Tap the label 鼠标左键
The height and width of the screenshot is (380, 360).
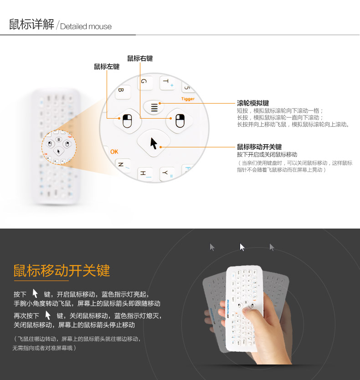tap(107, 67)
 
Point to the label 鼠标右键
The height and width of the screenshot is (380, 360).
tap(140, 58)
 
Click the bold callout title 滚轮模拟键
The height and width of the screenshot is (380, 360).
tap(253, 103)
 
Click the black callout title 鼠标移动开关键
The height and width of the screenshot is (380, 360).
tap(259, 147)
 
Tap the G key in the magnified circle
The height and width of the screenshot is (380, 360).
tap(144, 82)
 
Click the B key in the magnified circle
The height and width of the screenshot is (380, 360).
tap(121, 91)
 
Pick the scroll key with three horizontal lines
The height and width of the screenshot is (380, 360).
tap(154, 108)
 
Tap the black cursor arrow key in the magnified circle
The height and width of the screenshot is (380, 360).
tap(154, 143)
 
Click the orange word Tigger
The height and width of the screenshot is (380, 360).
tap(188, 99)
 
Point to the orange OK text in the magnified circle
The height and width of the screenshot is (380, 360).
tap(114, 152)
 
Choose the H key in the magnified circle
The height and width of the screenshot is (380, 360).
tap(144, 173)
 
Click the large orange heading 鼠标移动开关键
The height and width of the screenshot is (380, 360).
tap(62, 271)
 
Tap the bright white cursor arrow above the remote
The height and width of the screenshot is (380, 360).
tap(242, 247)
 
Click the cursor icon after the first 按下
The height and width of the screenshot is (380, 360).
tap(35, 293)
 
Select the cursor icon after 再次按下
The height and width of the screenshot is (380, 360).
tap(48, 315)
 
